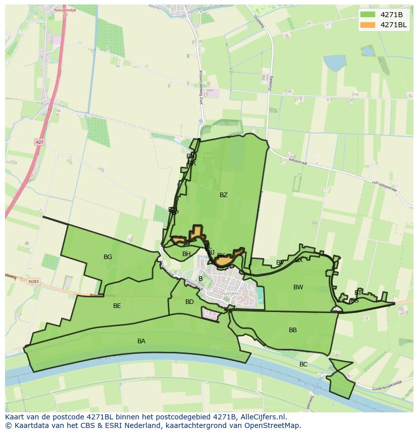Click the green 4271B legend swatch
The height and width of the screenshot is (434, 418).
pyautogui.click(x=368, y=15)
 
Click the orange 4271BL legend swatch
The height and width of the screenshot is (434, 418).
pyautogui.click(x=368, y=25)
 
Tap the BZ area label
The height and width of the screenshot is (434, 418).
pyautogui.click(x=223, y=195)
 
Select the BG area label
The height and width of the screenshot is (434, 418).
pyautogui.click(x=108, y=257)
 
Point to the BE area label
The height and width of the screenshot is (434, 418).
pyautogui.click(x=117, y=306)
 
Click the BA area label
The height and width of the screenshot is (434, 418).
pyautogui.click(x=141, y=341)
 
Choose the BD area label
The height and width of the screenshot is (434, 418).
pyautogui.click(x=189, y=302)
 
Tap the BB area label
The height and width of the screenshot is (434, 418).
pyautogui.click(x=293, y=330)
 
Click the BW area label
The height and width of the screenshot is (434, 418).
pyautogui.click(x=298, y=287)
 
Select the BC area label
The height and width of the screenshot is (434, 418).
pyautogui.click(x=303, y=364)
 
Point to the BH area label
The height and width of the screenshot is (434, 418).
pyautogui.click(x=186, y=254)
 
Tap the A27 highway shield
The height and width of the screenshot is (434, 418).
pyautogui.click(x=39, y=142)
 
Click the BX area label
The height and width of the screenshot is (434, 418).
pyautogui.click(x=299, y=260)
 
